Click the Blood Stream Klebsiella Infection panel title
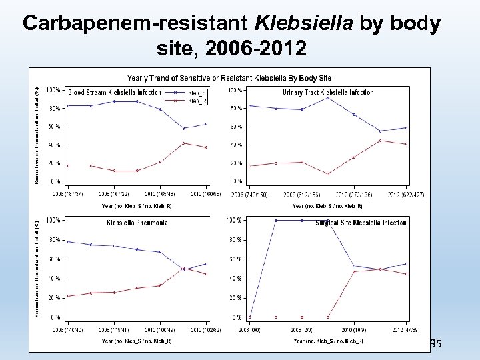pyautogui.click(x=115, y=93)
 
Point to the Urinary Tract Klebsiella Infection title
pyautogui.click(x=328, y=93)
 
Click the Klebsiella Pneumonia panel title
pyautogui.click(x=137, y=223)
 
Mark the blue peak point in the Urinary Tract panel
pyautogui.click(x=328, y=98)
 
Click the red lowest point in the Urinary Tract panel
pyautogui.click(x=328, y=174)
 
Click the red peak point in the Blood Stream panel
pyautogui.click(x=183, y=143)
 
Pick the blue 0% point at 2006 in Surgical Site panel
pyautogui.click(x=250, y=317)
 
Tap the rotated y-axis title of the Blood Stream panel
pyautogui.click(x=37, y=133)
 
